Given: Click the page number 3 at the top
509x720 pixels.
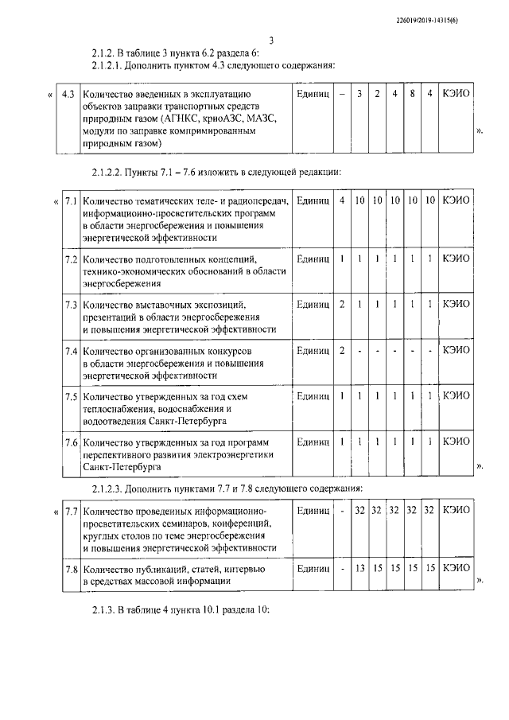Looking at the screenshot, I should [x=270, y=41].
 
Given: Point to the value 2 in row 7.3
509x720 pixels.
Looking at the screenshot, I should [x=342, y=305].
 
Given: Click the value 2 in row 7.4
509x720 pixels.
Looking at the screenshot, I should [x=342, y=351].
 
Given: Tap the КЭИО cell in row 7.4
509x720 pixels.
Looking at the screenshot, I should [x=456, y=351].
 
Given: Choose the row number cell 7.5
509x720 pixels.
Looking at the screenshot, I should [x=71, y=395].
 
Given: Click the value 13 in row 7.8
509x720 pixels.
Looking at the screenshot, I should [x=359, y=569].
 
